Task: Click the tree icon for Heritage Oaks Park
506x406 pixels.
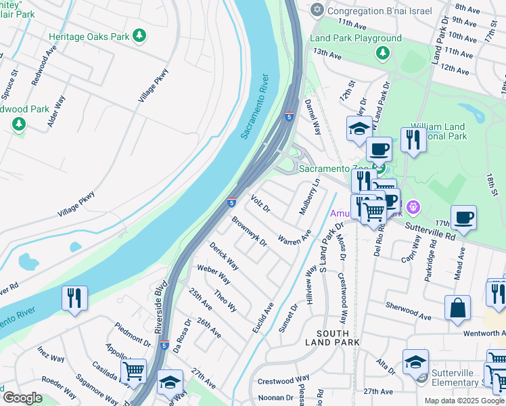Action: pos(139,35)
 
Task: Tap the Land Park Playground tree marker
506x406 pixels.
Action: pos(383,52)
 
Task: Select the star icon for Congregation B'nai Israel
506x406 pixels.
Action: pos(317,11)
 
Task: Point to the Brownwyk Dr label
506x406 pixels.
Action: pos(249,231)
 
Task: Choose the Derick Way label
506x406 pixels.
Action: pos(224,255)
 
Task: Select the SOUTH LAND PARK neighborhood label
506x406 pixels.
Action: pos(333,339)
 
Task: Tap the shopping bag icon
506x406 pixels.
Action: pos(457,309)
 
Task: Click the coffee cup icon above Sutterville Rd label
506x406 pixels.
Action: pos(463,218)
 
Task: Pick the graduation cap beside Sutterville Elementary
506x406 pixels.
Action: pos(415,362)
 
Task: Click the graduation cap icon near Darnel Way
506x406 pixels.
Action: pos(359,128)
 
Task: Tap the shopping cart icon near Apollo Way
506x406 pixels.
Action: pos(133,371)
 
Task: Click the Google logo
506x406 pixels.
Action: pos(22,397)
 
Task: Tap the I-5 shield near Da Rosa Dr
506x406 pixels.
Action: pos(164,344)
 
